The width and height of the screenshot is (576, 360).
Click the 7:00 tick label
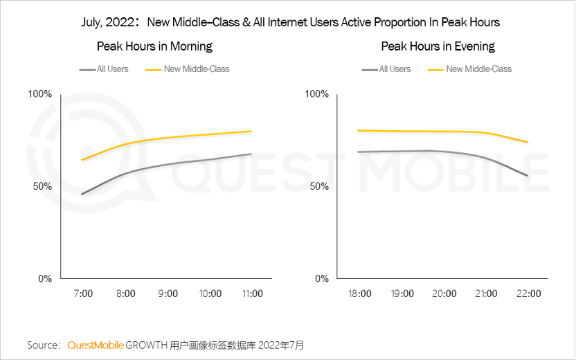(x=82, y=294)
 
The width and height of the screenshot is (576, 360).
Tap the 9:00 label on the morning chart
(x=168, y=294)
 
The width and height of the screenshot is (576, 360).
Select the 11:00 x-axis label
(x=251, y=294)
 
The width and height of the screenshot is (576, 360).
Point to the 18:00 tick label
(x=358, y=294)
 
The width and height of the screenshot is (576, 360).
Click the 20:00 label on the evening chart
(x=443, y=294)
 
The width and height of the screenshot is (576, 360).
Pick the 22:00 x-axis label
(x=528, y=294)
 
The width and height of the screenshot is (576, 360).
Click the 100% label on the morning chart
(x=39, y=94)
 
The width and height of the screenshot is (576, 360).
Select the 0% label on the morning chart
(x=44, y=279)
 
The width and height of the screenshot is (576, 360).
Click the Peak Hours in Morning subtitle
(x=154, y=46)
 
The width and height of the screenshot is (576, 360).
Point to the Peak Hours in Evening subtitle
(x=438, y=46)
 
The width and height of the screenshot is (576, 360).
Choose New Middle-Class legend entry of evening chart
(x=478, y=69)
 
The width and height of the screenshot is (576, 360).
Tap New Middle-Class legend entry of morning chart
(x=196, y=69)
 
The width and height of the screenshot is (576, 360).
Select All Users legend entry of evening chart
(x=395, y=69)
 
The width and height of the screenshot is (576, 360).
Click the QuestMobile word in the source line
(x=96, y=345)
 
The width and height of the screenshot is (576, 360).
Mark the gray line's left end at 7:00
(x=82, y=195)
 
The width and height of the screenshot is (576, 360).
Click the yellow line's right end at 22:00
(x=528, y=142)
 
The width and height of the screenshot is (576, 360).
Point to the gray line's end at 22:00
(x=528, y=176)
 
